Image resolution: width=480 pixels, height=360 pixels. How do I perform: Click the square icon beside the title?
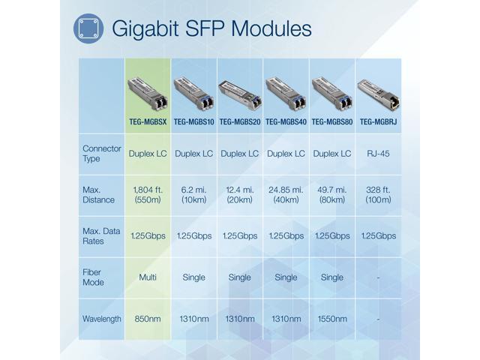88,28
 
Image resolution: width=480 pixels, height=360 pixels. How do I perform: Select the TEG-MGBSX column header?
148,121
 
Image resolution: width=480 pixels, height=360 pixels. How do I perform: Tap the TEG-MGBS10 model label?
193,121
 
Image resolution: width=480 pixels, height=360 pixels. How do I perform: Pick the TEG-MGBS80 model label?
331,121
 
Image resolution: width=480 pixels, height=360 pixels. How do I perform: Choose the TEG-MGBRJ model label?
377,121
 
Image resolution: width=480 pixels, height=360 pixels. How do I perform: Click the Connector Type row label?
101,154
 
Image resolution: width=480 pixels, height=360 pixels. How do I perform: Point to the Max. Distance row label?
98,195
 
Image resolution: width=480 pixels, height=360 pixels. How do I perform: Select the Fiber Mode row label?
93,277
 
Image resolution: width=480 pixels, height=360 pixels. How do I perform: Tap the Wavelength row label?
101,319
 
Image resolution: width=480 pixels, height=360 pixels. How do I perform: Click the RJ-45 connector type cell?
377,154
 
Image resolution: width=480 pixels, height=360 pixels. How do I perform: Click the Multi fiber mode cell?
148,277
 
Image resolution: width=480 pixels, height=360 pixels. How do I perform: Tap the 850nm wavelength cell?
148,319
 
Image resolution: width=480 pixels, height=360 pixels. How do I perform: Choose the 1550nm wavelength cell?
331,319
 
